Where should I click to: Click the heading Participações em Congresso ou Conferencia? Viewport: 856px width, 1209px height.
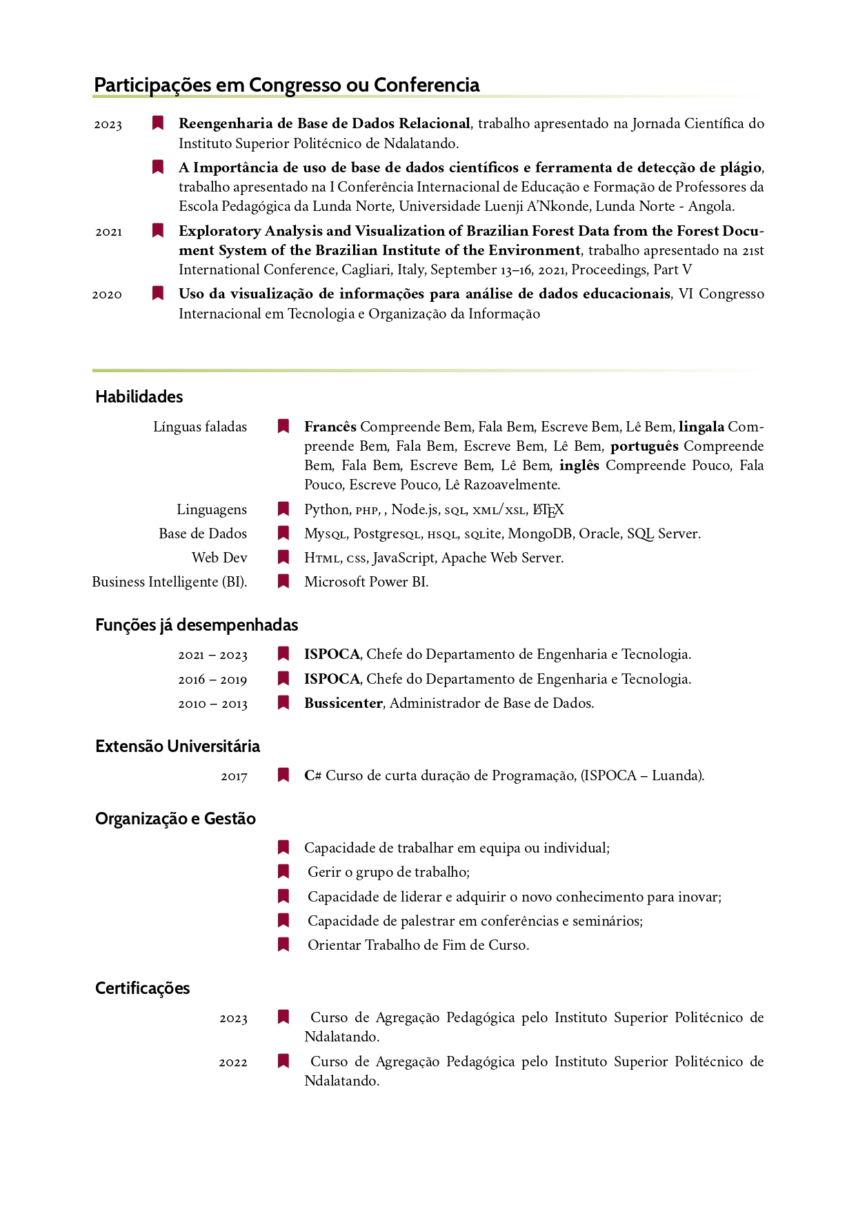coord(286,85)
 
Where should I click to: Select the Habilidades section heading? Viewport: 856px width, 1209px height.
coord(139,396)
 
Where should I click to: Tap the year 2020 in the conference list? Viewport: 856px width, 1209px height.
coord(107,294)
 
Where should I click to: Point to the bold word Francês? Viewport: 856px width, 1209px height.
coord(330,427)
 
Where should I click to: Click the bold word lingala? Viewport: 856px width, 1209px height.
coord(701,427)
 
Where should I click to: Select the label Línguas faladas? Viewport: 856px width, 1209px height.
coord(200,427)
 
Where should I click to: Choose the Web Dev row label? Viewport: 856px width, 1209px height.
coord(219,558)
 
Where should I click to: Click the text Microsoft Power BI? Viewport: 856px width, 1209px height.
coord(366,582)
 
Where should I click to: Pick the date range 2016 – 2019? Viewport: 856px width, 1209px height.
coord(212,680)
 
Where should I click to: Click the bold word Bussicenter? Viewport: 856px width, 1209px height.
coord(343,703)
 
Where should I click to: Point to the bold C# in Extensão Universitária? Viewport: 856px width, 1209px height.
coord(312,775)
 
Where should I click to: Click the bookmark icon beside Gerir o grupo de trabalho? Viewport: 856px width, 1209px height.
coord(283,872)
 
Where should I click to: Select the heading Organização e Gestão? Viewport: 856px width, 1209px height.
coord(175,818)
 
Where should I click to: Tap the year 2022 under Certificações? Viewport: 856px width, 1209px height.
coord(233,1062)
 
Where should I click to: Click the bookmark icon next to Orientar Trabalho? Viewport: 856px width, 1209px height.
coord(283,944)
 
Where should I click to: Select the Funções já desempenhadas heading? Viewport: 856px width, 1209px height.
coord(197,624)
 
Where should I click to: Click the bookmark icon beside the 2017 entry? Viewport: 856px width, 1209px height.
coord(283,775)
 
